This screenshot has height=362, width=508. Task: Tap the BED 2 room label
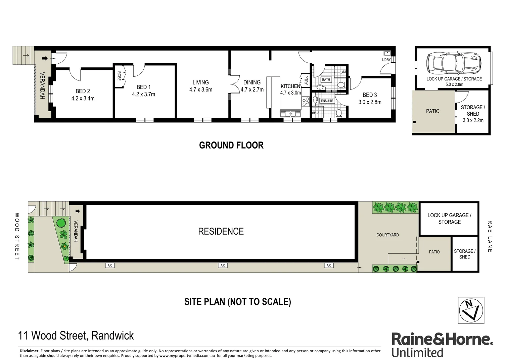point(83,91)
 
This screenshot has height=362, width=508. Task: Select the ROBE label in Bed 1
point(119,76)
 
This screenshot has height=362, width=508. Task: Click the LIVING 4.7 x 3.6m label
point(200,86)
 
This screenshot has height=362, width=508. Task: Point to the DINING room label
point(252,82)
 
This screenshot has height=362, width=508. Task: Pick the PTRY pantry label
point(306,80)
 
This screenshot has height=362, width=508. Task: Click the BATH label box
point(326,80)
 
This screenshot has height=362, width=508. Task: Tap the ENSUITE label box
point(327,101)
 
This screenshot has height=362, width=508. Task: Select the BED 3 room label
point(370,95)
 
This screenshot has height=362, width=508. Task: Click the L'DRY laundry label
point(386,60)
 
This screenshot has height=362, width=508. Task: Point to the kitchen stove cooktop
point(305,101)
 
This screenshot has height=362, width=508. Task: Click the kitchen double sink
point(290,114)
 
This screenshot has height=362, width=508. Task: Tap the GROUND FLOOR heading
point(231,145)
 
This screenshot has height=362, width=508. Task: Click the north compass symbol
point(471,310)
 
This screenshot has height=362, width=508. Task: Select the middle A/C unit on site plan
point(223,265)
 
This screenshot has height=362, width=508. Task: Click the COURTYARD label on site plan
point(387,235)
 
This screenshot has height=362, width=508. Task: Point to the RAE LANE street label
point(490,236)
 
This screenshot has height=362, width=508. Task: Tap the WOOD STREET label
point(17,236)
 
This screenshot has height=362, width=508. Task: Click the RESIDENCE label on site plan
point(221,231)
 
